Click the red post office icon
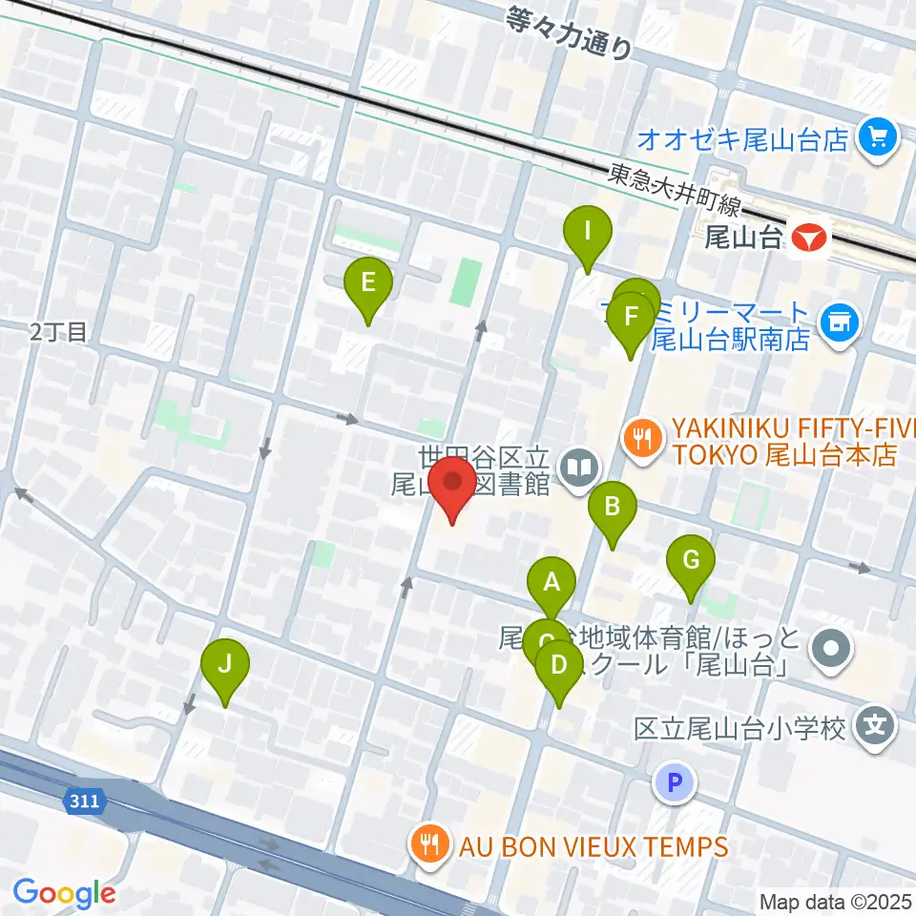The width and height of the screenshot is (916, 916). pyautogui.click(x=811, y=236)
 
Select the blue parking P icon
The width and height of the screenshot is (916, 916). pyautogui.click(x=675, y=784)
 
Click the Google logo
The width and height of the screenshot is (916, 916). pyautogui.click(x=65, y=893)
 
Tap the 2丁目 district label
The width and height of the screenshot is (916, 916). pyautogui.click(x=58, y=332)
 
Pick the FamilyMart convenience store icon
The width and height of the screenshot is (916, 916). pyautogui.click(x=841, y=323)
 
